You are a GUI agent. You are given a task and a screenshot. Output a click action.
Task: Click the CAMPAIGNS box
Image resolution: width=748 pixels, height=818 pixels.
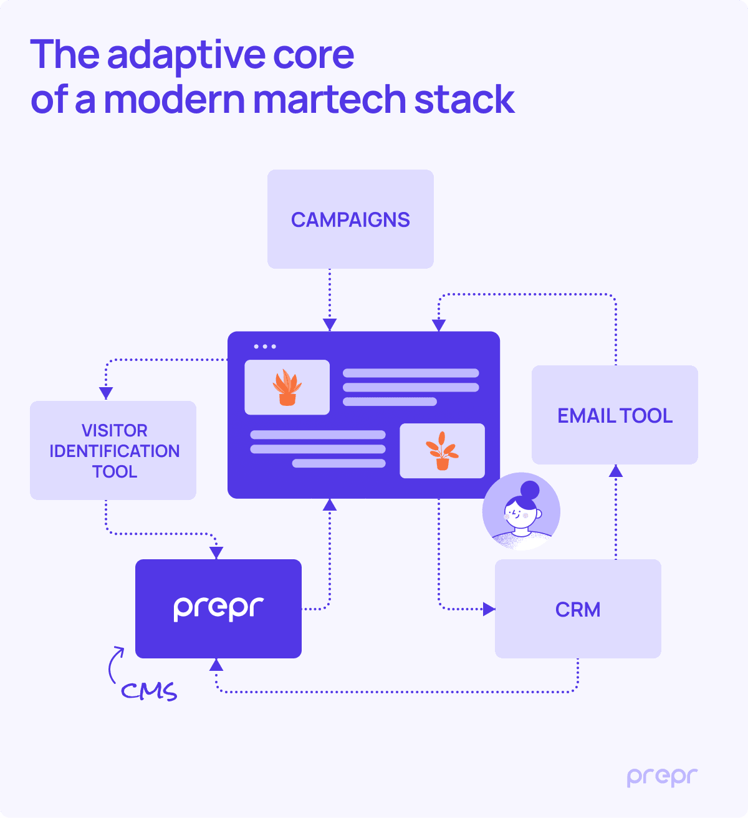click(350, 219)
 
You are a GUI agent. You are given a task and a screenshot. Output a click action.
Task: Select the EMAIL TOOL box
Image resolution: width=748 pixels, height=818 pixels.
click(615, 415)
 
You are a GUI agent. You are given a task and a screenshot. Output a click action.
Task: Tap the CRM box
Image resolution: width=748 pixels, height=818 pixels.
click(578, 609)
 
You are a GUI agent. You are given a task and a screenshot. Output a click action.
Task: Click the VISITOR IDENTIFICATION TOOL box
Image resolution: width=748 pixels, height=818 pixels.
click(113, 450)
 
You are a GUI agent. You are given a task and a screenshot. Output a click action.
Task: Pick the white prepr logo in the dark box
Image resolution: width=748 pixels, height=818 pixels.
click(218, 608)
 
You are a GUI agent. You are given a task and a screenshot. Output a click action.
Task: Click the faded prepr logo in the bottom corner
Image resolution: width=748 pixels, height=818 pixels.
click(662, 777)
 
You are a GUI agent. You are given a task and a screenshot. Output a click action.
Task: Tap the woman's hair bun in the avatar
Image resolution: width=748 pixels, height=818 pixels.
click(530, 490)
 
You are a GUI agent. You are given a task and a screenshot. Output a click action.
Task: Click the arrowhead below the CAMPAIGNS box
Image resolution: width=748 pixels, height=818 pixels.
click(330, 325)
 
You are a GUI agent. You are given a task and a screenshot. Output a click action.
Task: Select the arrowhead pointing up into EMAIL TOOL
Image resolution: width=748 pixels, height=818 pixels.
click(616, 471)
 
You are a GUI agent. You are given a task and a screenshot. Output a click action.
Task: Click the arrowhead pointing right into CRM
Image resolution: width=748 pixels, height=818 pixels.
click(489, 609)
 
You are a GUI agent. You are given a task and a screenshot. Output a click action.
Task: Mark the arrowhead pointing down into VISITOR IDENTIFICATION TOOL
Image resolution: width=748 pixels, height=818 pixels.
click(106, 393)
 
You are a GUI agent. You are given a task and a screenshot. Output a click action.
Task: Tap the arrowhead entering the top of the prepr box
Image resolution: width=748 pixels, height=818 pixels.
click(216, 553)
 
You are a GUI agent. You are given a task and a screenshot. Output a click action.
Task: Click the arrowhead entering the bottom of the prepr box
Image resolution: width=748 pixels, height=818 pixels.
click(216, 665)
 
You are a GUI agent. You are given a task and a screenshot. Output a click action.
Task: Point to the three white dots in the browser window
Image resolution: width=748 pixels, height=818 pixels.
click(265, 347)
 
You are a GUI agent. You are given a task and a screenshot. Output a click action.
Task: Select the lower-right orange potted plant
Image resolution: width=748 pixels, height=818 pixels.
click(442, 451)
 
